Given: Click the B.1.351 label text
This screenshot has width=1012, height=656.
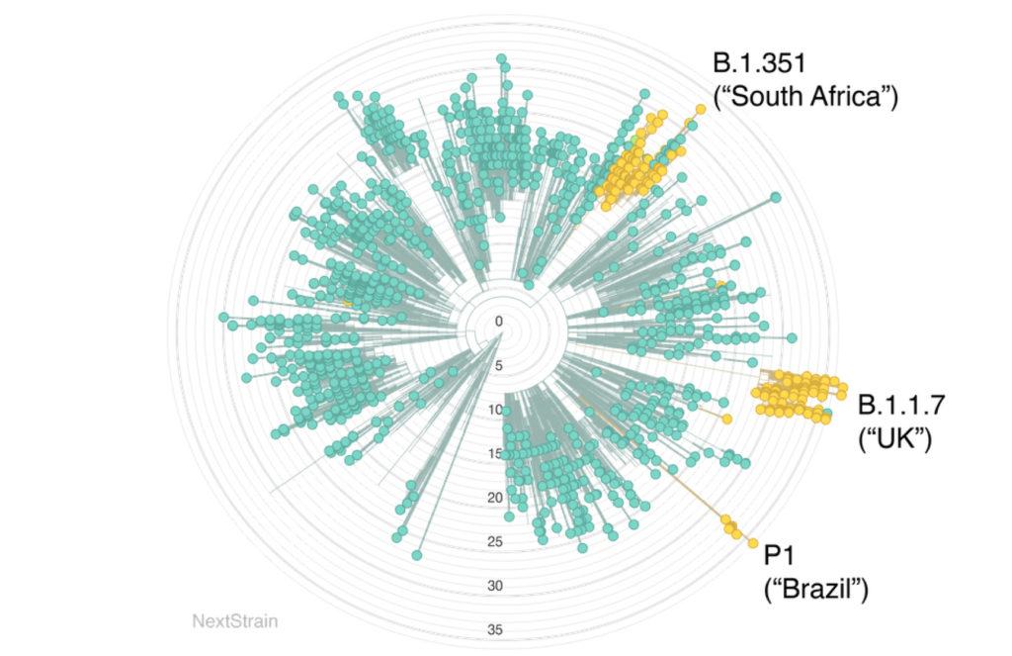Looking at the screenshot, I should click(x=760, y=63).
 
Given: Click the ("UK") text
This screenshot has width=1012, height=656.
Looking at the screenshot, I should click(x=894, y=437).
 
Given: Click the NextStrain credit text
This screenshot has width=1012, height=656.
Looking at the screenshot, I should click(x=235, y=622).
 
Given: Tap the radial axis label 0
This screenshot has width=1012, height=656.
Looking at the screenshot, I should click(x=499, y=322).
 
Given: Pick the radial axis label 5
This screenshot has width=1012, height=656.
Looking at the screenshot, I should click(x=499, y=365).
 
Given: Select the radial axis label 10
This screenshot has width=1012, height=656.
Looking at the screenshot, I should click(x=496, y=410).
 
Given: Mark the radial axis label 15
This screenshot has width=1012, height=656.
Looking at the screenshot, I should click(x=496, y=454).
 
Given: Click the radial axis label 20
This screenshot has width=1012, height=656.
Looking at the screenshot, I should click(x=496, y=498).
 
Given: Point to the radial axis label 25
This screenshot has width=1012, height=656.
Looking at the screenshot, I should click(x=496, y=541).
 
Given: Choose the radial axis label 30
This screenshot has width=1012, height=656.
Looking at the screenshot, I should click(x=496, y=586).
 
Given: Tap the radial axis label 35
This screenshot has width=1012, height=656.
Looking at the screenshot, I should click(x=496, y=629).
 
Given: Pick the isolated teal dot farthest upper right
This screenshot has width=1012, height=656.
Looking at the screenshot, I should click(x=777, y=198).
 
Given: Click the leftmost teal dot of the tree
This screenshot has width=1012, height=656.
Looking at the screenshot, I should click(x=222, y=317).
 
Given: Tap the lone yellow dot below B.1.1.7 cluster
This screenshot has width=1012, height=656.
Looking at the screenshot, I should click(x=727, y=419).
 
